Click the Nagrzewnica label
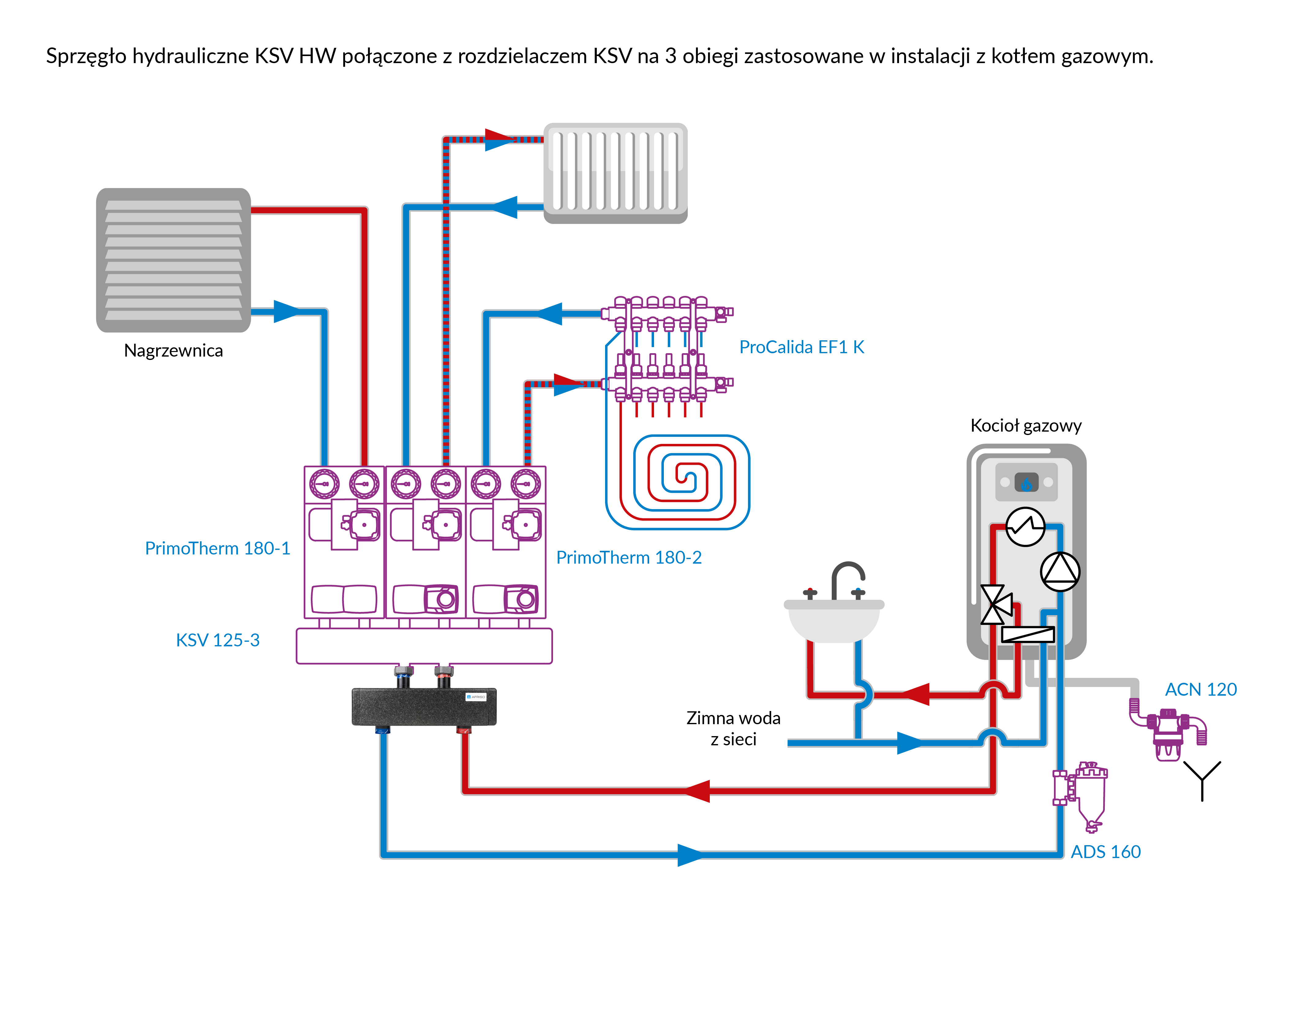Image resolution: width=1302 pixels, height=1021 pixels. point(173,350)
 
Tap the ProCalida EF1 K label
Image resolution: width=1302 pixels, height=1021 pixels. point(801,347)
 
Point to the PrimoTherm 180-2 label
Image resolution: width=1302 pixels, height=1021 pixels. point(629,558)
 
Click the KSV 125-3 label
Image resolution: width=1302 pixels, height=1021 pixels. point(217,640)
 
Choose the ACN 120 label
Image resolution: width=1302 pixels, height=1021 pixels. point(1200,690)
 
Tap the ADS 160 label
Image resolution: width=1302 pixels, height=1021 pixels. point(1105,852)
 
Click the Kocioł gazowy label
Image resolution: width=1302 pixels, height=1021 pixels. point(1025,425)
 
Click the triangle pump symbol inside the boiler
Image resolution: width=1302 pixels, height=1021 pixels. point(1060,572)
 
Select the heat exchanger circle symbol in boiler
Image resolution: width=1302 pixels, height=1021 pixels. point(1025,527)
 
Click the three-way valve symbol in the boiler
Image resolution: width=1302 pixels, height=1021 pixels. point(994,604)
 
